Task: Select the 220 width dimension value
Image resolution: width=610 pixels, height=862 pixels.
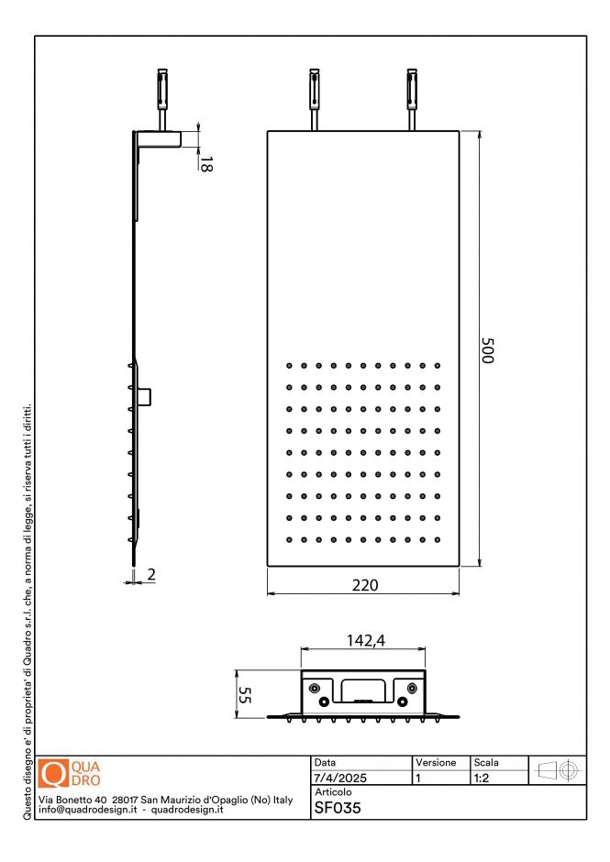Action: (x=364, y=585)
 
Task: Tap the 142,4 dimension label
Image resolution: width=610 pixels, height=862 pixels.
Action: (x=363, y=641)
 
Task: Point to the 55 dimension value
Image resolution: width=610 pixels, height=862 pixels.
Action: (x=244, y=694)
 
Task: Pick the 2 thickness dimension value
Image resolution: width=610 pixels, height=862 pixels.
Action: (x=150, y=575)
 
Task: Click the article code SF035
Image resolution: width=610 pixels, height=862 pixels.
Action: (x=338, y=809)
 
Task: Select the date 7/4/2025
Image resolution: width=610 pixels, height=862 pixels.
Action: (x=340, y=778)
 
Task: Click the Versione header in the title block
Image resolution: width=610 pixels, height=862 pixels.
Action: (x=436, y=763)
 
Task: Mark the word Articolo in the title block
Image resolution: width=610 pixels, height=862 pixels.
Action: (x=333, y=791)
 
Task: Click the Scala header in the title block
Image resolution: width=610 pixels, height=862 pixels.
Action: (x=486, y=763)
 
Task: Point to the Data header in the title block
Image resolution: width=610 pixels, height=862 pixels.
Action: (x=325, y=763)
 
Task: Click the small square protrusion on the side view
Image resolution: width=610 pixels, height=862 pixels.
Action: (x=145, y=396)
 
